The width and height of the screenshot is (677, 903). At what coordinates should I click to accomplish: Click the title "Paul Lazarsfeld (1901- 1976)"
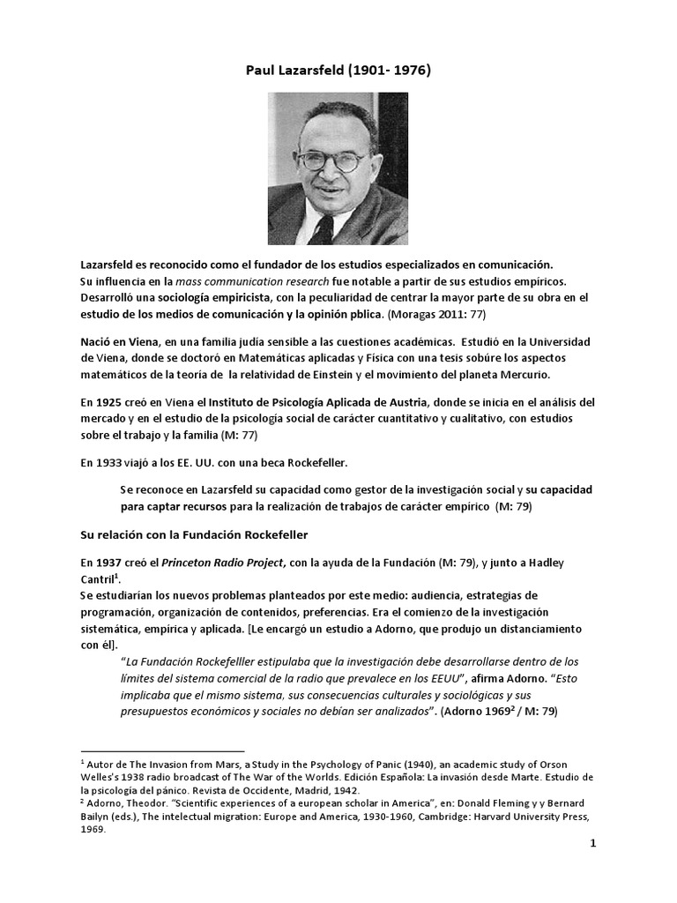pos(338,72)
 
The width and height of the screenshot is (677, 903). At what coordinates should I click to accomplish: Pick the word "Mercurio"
pos(524,374)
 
